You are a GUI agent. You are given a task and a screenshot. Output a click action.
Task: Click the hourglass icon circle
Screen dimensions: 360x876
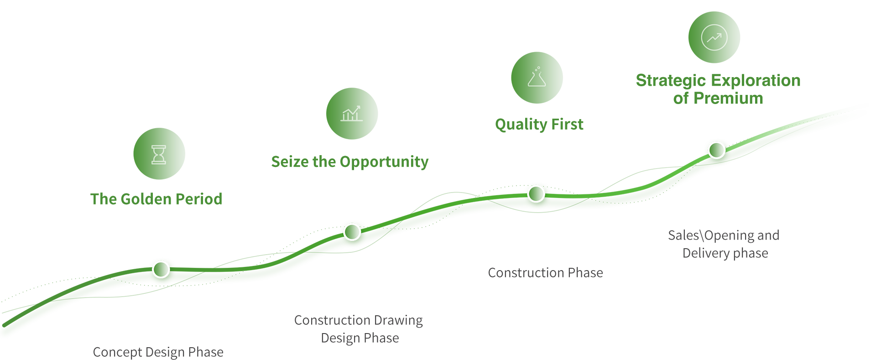click(159, 154)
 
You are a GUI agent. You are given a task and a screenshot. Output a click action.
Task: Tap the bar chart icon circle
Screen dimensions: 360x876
click(352, 114)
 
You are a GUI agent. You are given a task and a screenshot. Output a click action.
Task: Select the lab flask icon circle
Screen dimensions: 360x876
click(537, 78)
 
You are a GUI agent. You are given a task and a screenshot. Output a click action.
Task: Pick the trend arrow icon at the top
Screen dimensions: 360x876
click(714, 37)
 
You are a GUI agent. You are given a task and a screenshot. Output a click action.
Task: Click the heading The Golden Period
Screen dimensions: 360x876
click(156, 199)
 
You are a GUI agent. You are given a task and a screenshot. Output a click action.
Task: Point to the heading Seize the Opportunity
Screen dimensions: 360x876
click(350, 162)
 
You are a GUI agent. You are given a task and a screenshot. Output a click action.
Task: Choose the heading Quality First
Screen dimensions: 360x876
click(539, 124)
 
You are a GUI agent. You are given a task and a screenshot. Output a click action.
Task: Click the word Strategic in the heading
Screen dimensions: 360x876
click(668, 81)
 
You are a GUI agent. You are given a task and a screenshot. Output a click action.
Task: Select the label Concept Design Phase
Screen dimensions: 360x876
click(158, 352)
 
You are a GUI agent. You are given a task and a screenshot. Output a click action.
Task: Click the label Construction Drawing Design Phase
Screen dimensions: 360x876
click(359, 329)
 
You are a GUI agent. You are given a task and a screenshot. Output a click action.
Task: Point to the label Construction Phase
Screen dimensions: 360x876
click(545, 272)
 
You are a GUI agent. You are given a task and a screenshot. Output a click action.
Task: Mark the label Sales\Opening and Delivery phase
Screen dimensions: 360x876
click(724, 244)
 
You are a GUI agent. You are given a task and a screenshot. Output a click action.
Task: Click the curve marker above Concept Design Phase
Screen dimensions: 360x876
click(161, 269)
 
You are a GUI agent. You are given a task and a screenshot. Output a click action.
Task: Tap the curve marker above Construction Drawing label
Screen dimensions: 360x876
click(352, 232)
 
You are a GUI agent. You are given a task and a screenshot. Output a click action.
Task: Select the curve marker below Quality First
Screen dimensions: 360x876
click(536, 193)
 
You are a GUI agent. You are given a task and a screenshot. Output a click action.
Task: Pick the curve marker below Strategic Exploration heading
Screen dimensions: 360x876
click(716, 150)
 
